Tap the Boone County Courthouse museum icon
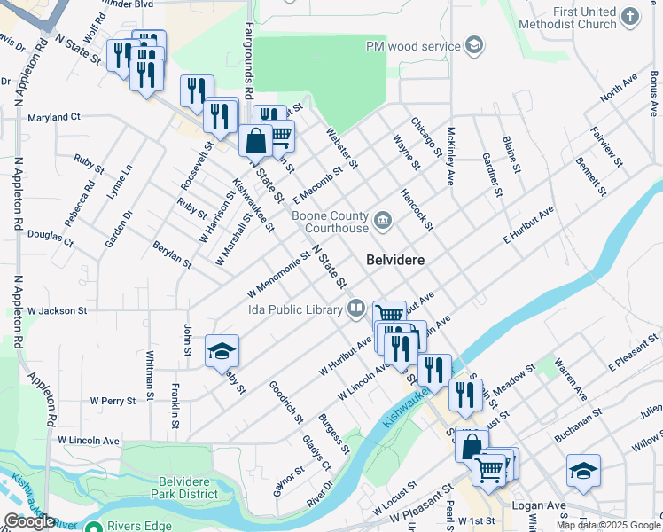383,220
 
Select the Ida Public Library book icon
355,309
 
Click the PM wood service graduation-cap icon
474,45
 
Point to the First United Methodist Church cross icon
630,16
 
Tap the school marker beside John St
222,352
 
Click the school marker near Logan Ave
583,472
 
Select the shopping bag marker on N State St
255,140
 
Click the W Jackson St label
58,311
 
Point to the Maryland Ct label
53,117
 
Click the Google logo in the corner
29,521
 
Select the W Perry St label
113,401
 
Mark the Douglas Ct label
50,236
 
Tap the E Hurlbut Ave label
528,224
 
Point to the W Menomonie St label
277,275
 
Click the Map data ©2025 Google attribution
608,525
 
